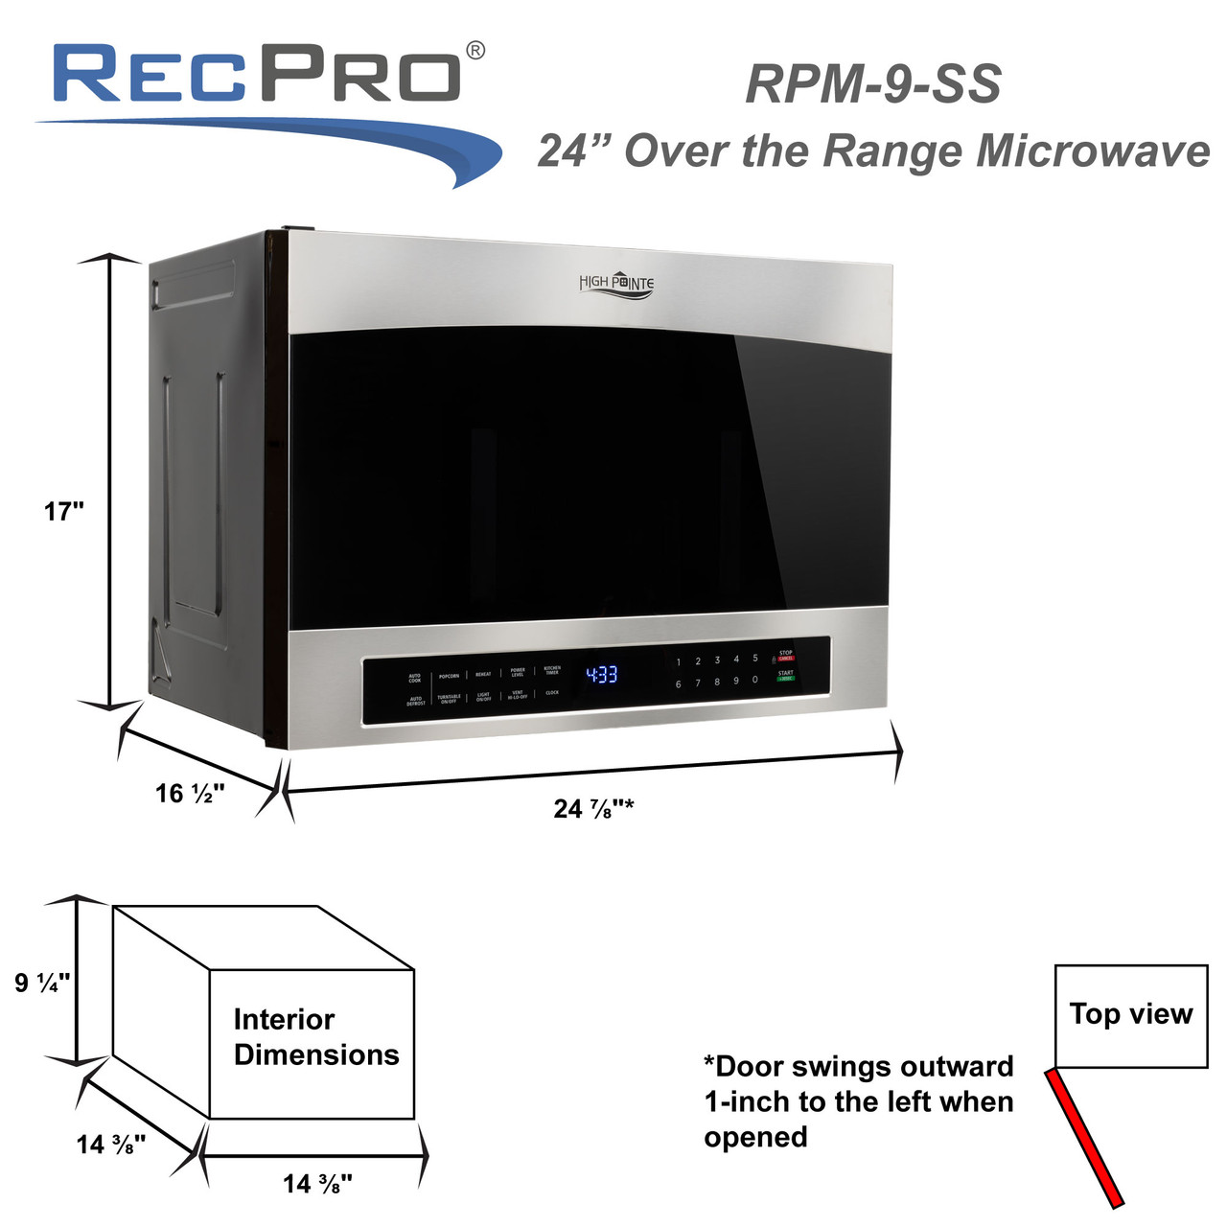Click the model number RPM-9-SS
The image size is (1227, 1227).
(x=872, y=84)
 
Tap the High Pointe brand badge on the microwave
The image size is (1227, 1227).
(x=616, y=283)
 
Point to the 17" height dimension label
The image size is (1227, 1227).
(x=64, y=512)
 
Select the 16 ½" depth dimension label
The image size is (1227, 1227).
(x=190, y=794)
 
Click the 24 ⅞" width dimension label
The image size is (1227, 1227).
(x=592, y=809)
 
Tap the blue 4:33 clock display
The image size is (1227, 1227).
(x=602, y=675)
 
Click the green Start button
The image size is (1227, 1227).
(x=785, y=676)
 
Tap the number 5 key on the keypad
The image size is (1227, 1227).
(x=755, y=659)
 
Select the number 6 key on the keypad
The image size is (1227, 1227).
(x=678, y=683)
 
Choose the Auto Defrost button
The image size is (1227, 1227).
(x=416, y=702)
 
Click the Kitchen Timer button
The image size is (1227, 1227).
(x=552, y=670)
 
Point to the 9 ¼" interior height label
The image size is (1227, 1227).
(x=42, y=983)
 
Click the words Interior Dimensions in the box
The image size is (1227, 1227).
(x=315, y=1037)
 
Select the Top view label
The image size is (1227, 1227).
(x=1131, y=1014)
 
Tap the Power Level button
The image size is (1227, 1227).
(x=518, y=672)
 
